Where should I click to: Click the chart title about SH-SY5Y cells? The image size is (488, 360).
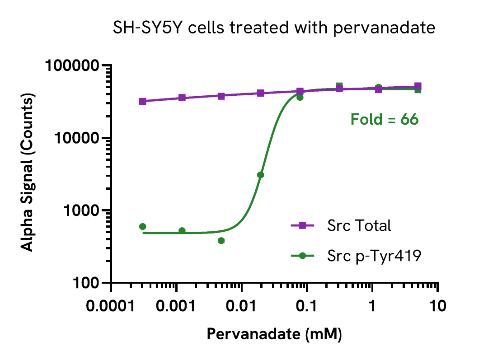[x=274, y=28]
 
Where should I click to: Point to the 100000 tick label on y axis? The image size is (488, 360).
[x=72, y=66]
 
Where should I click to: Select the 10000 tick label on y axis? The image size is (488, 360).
[x=76, y=138]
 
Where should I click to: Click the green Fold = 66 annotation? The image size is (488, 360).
[x=385, y=120]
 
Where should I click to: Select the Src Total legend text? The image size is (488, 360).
[x=359, y=225]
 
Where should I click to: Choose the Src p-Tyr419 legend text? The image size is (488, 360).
[x=374, y=256]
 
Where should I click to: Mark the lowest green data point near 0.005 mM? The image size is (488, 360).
[x=221, y=240]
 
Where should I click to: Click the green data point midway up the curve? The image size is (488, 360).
[x=260, y=175]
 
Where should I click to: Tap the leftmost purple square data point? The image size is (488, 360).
[x=143, y=101]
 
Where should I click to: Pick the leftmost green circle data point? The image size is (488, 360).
[x=143, y=226]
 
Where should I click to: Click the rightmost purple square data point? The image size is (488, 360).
[x=418, y=86]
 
